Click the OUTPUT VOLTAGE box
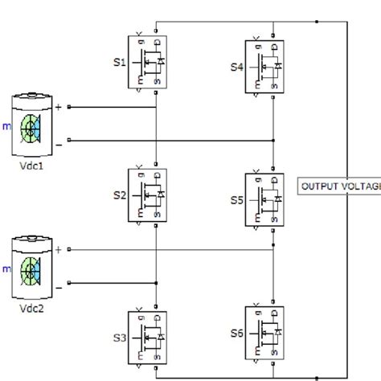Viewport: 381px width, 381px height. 338,186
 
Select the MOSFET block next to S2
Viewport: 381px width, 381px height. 147,195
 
